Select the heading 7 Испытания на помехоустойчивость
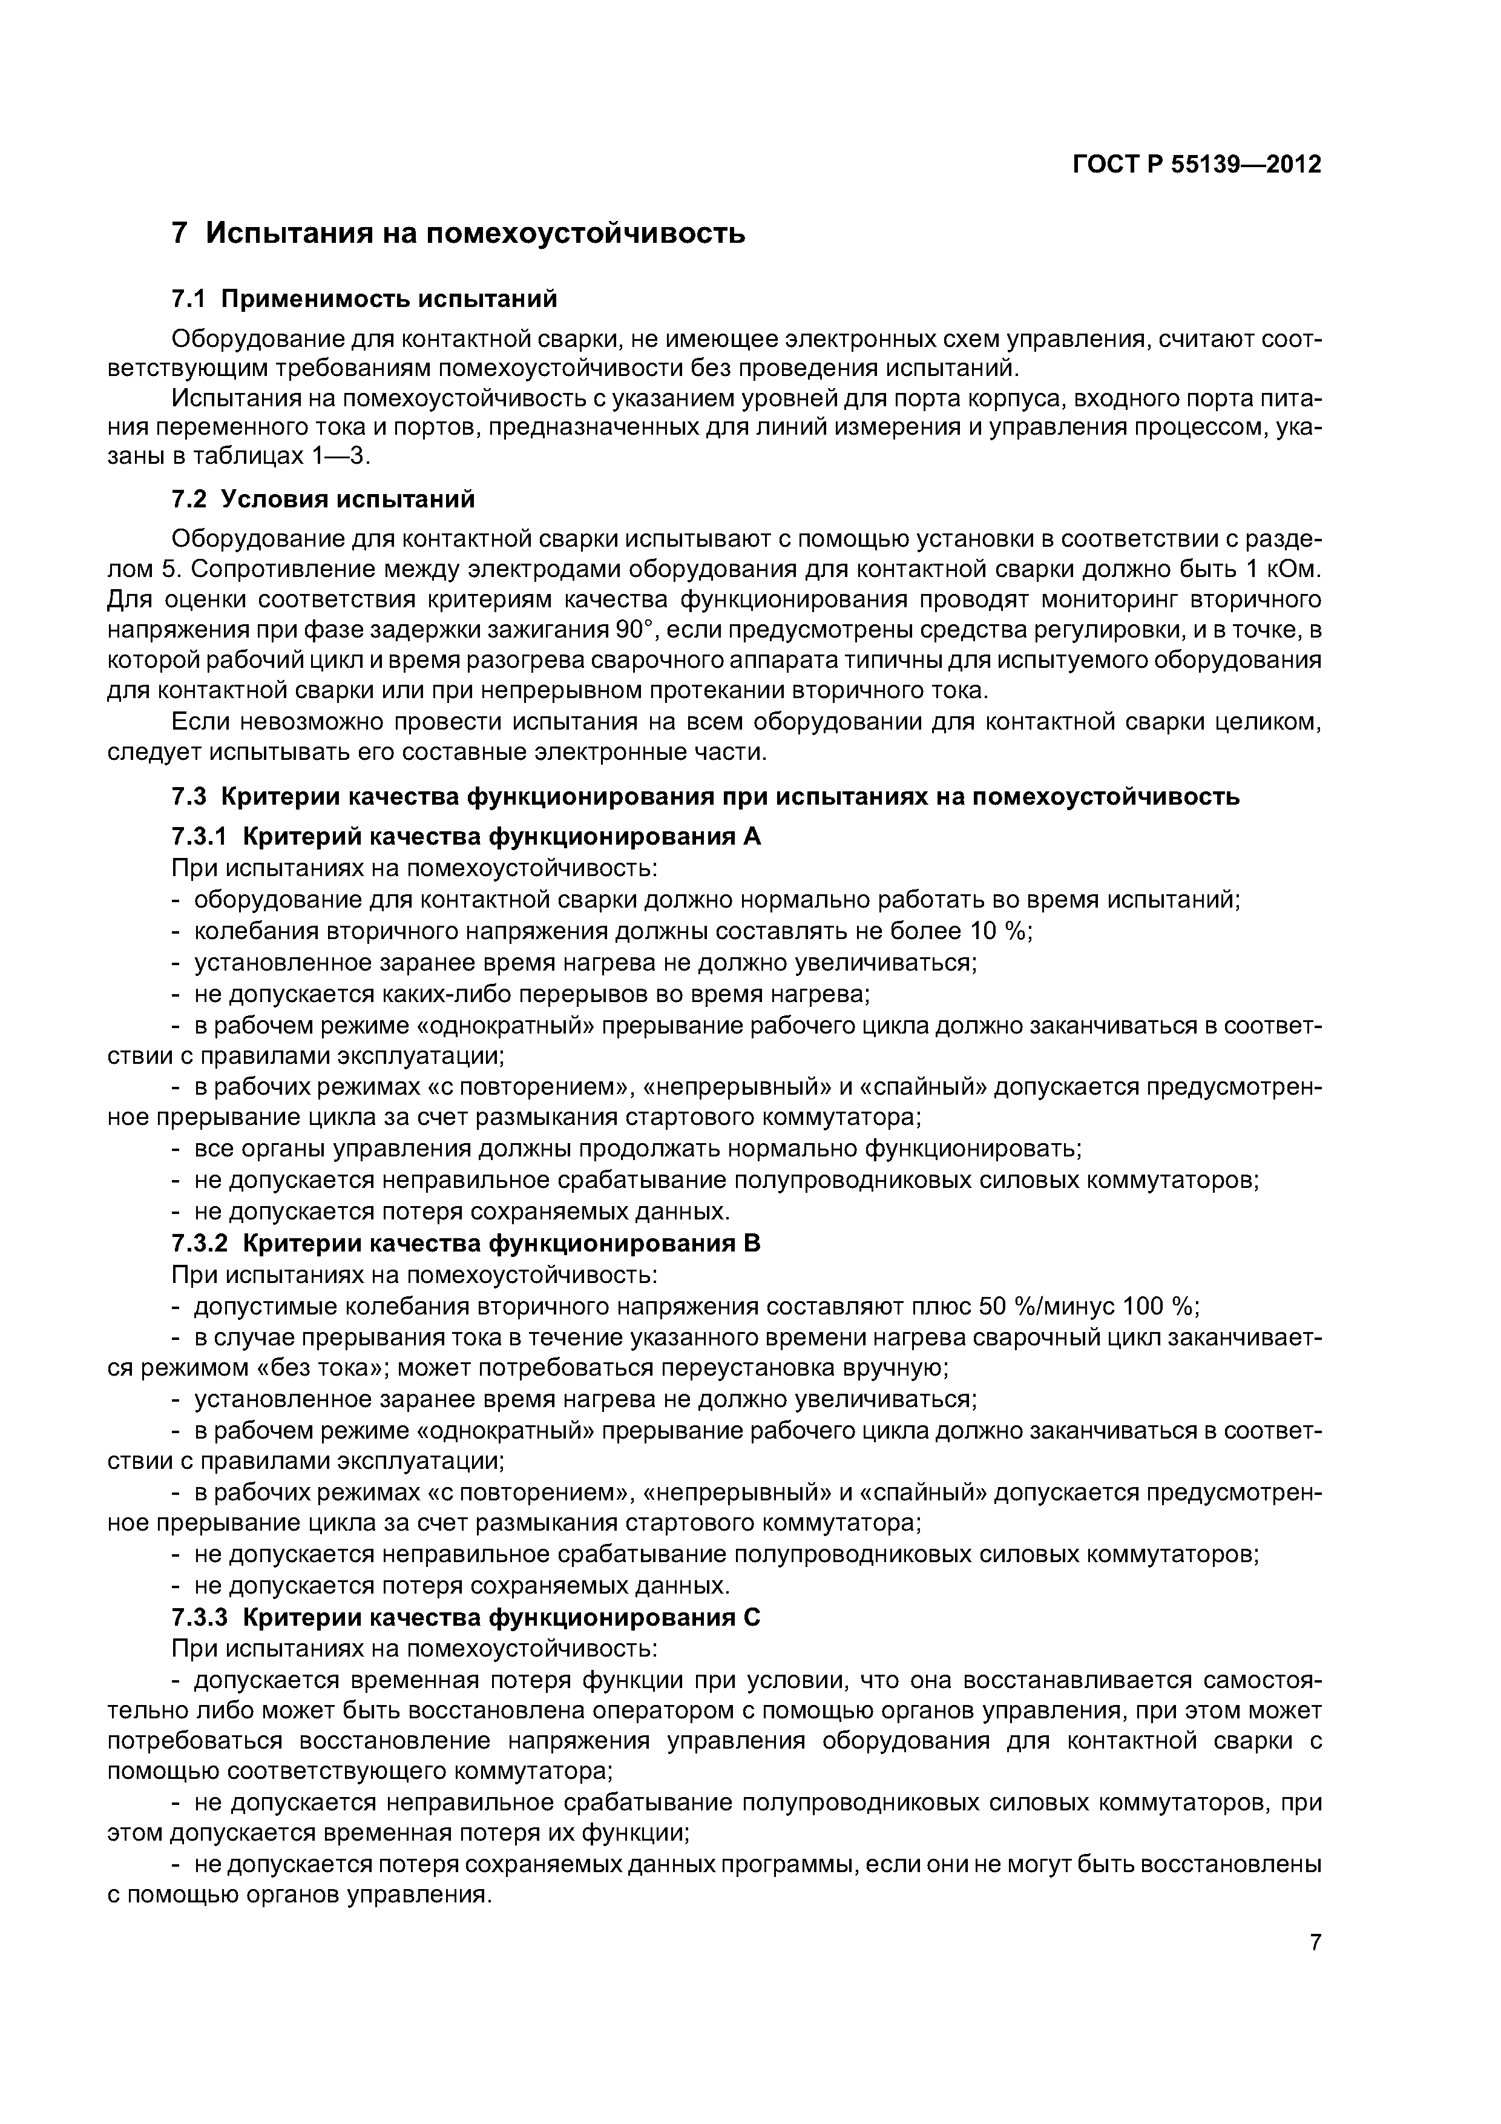pyautogui.click(x=459, y=233)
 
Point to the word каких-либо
pyautogui.click(x=447, y=994)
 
